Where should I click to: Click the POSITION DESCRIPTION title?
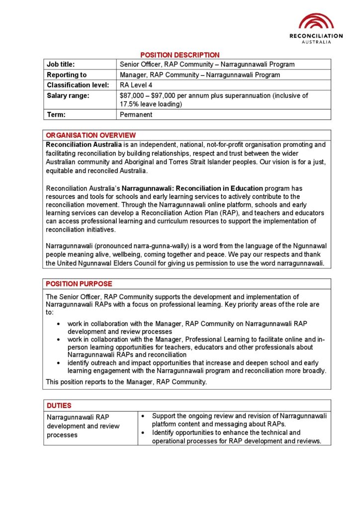[x=180, y=55]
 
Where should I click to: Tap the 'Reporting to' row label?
[x=67, y=75]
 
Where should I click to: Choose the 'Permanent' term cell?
[x=136, y=115]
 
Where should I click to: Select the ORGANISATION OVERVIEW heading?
[x=90, y=135]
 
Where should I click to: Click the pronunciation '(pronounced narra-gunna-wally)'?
[x=144, y=246]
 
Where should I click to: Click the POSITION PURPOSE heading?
[x=79, y=284]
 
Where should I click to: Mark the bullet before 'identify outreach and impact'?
[x=59, y=363]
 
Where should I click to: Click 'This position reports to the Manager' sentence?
[x=127, y=382]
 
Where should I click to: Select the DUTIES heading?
[x=59, y=406]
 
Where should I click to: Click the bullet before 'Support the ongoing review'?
[x=144, y=416]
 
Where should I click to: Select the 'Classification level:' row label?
[x=78, y=85]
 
